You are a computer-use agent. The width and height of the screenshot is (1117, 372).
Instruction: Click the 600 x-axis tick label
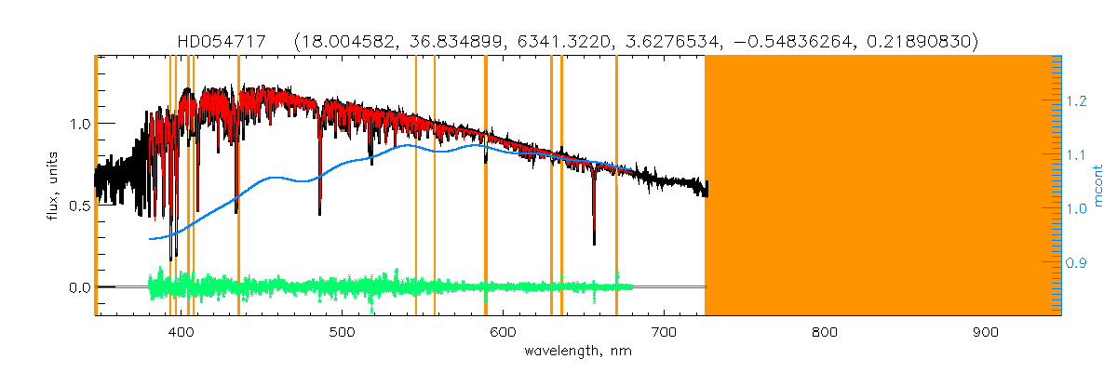click(503, 332)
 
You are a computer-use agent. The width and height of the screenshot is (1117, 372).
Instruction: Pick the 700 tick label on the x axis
click(664, 332)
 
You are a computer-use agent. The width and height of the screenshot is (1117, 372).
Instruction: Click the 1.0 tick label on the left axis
click(78, 124)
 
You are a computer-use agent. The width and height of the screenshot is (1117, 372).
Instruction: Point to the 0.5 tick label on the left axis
click(78, 206)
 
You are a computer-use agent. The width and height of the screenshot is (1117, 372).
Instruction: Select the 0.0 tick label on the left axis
click(78, 287)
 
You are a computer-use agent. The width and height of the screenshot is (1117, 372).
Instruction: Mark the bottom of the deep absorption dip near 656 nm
click(594, 243)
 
